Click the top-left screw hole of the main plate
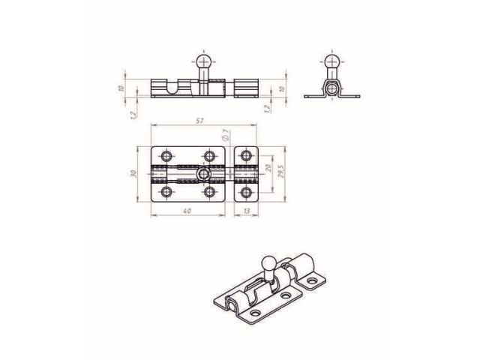click(x=166, y=156)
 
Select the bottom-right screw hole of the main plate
click(x=209, y=193)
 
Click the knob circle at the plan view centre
click(x=202, y=174)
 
